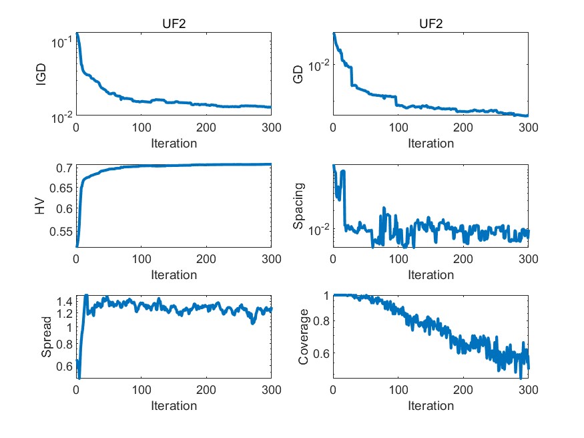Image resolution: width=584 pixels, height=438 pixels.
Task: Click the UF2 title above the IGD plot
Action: [174, 24]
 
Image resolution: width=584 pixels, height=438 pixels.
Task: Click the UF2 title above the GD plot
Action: [430, 24]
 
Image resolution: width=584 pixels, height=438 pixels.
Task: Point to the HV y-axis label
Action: [42, 206]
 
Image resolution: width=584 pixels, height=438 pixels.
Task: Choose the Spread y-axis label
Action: [47, 337]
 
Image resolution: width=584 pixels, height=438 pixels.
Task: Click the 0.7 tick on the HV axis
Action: [63, 168]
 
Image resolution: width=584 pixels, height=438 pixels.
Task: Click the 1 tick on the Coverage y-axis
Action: [326, 295]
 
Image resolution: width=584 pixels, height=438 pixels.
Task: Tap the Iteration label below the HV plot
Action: [174, 274]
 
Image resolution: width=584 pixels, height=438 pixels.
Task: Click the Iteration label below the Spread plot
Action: [174, 406]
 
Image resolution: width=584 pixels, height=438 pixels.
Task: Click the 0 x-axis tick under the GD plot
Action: [333, 128]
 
